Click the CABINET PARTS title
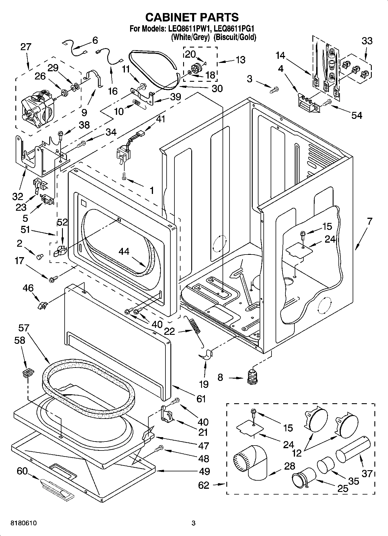192,17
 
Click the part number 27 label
25,47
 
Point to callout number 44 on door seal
124,251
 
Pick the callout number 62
203,485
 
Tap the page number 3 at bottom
193,523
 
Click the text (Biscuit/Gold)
235,37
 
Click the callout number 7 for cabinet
369,222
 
